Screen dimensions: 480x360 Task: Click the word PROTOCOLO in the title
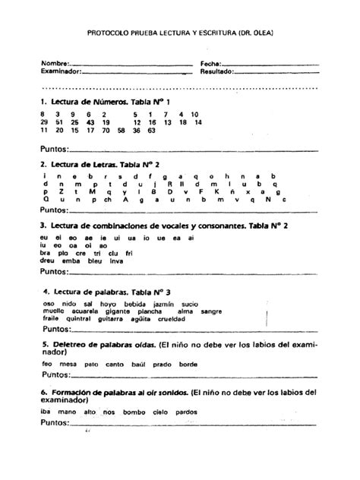(x=106, y=33)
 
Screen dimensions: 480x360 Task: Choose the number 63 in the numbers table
(x=152, y=131)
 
